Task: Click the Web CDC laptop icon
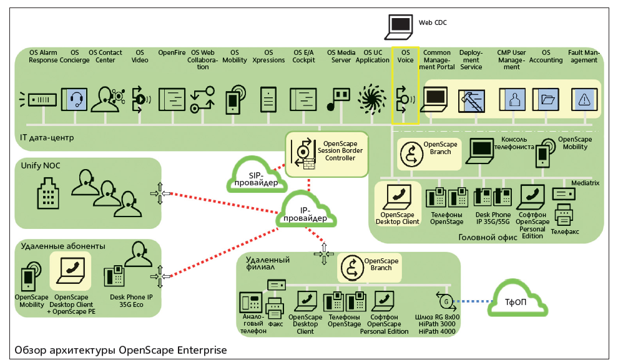click(x=400, y=25)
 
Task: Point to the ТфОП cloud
click(x=519, y=301)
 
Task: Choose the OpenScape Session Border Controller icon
click(x=304, y=151)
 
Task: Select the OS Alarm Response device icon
click(x=37, y=99)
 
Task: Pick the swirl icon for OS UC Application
click(x=372, y=99)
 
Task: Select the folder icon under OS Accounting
click(x=548, y=99)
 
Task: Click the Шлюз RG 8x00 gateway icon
click(x=445, y=301)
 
